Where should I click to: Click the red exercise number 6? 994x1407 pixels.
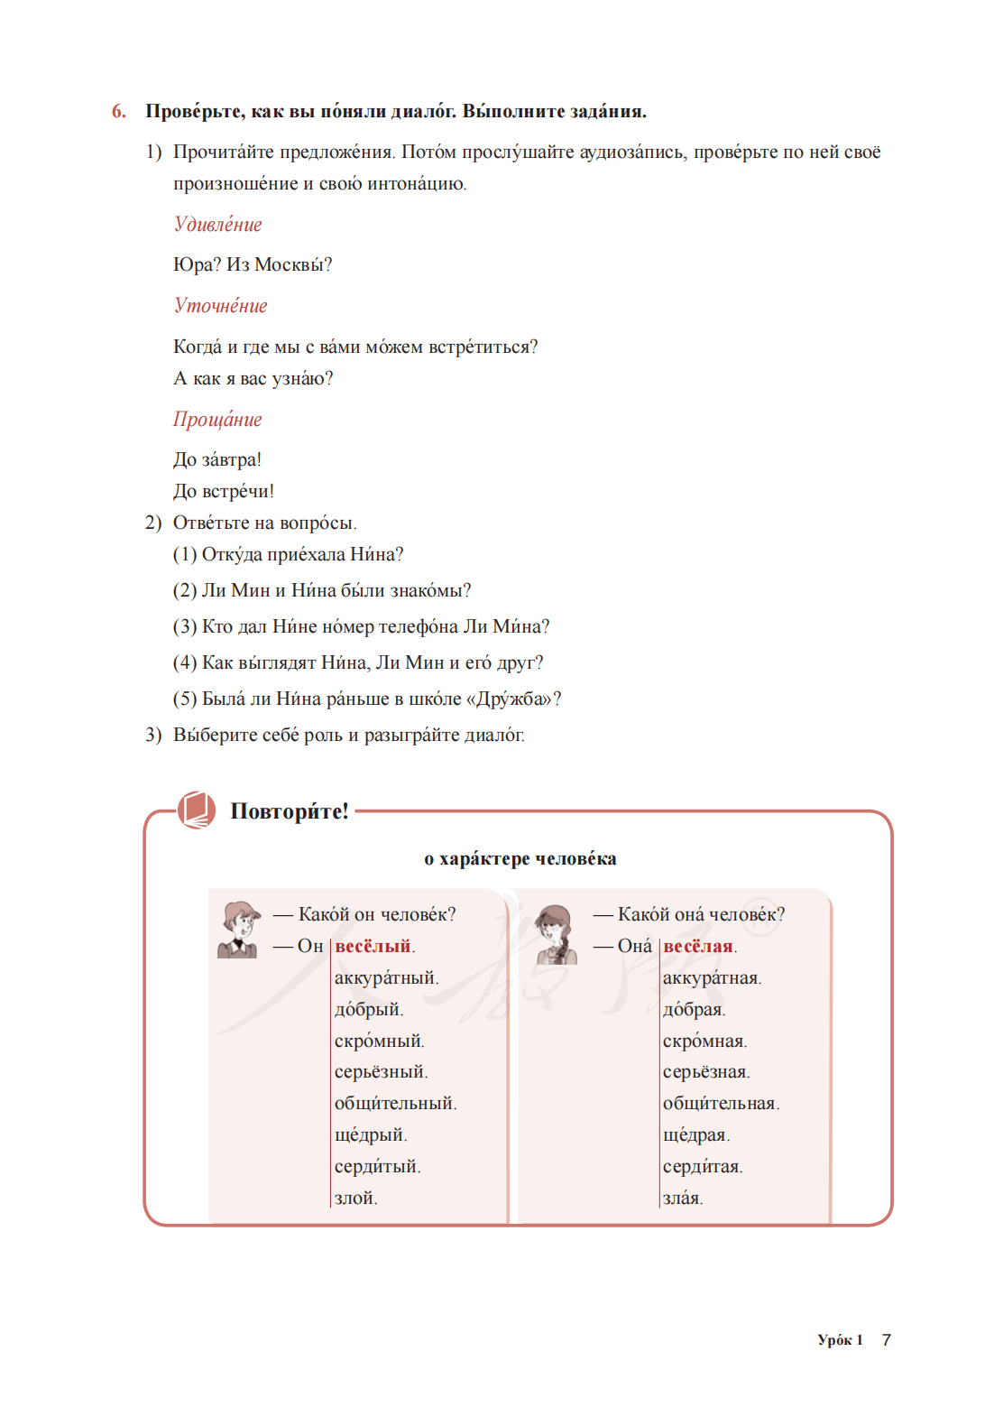118,112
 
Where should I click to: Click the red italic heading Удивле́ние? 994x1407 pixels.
217,225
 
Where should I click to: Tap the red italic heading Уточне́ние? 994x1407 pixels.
220,306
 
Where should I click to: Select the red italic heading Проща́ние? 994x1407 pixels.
217,420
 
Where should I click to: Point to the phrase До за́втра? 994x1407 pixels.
217,460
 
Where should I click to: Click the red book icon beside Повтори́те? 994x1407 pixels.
196,810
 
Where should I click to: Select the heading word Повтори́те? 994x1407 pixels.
289,811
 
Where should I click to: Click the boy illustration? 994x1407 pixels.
238,930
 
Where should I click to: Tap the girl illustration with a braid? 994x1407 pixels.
556,935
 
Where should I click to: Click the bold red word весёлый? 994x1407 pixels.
373,947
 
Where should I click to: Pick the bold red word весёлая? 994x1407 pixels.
698,947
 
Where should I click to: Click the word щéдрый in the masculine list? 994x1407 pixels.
370,1135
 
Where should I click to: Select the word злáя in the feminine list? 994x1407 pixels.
682,1199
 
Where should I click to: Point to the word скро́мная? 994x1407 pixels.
704,1041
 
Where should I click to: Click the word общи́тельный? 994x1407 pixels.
394,1104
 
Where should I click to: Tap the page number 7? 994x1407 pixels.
887,1340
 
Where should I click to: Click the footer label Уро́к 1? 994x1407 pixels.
840,1340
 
